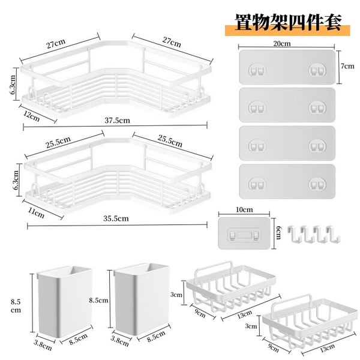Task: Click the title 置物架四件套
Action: [288, 22]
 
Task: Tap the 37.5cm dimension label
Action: [118, 121]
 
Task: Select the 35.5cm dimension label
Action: [116, 218]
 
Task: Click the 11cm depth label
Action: [36, 213]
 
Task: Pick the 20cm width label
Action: [282, 44]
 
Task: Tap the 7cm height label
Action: [347, 66]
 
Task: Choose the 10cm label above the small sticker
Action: [244, 209]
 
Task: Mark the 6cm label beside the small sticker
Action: [278, 232]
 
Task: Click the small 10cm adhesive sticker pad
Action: [244, 233]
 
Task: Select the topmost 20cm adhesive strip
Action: [287, 67]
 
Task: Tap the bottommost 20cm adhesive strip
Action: [287, 181]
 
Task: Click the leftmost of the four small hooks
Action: [294, 233]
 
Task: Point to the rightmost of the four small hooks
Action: [333, 233]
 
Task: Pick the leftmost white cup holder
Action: [65, 301]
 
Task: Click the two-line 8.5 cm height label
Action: [16, 306]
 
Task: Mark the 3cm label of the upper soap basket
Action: [176, 295]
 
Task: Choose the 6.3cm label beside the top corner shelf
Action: [13, 85]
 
